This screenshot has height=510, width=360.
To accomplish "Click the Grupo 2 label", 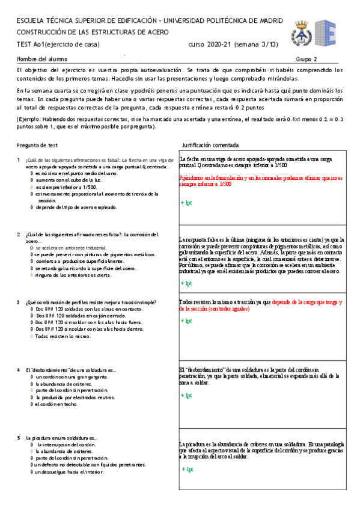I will [307, 59].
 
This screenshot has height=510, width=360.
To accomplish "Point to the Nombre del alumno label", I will [42, 59].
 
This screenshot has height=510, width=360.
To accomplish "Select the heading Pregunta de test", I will [37, 146].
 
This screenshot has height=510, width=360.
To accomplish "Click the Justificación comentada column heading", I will [210, 146].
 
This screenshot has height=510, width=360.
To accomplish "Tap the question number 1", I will [19, 159].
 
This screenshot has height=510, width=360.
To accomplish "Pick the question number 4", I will [19, 369].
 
